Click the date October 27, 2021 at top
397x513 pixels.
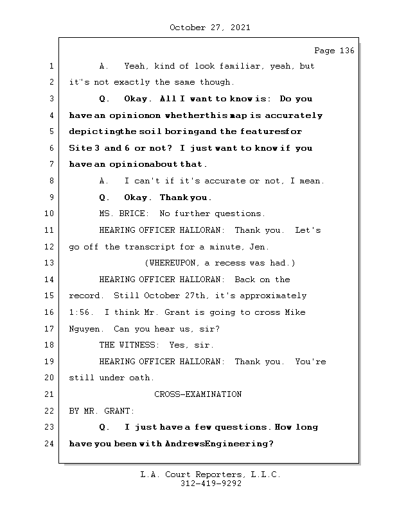[209, 28]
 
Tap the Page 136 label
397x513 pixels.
[334, 51]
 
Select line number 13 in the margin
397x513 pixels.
[51, 263]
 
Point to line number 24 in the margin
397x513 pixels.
[51, 443]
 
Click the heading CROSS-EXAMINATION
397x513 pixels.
[198, 394]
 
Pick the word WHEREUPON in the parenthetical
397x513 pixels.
[172, 263]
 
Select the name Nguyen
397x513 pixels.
[84, 329]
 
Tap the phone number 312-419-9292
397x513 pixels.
[211, 484]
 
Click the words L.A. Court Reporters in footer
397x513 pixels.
[187, 475]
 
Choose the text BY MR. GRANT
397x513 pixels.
[101, 410]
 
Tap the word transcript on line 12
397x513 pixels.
[150, 247]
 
